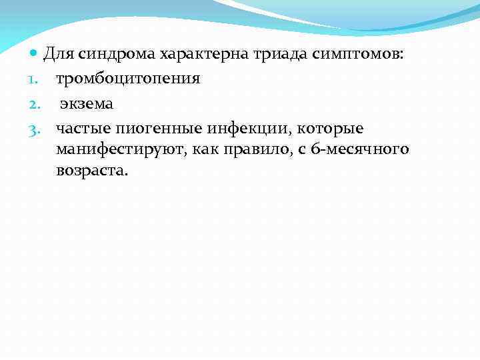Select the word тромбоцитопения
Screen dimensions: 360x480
pyautogui.click(x=128, y=79)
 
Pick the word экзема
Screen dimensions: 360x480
pyautogui.click(x=87, y=103)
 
